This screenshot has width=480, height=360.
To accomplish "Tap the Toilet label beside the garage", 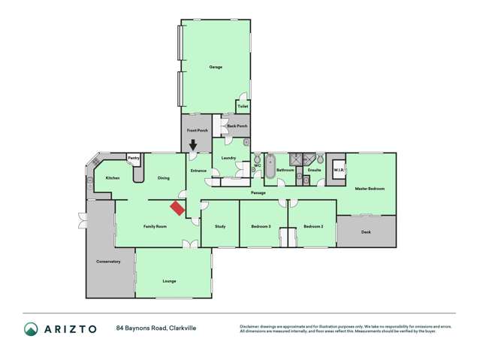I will coord(243,107).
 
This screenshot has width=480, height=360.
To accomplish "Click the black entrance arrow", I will coord(193,145).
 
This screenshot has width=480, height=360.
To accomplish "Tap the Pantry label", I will coord(133,158).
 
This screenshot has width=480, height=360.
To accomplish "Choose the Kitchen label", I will coord(112,178).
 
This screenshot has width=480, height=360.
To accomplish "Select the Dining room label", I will coord(163,178).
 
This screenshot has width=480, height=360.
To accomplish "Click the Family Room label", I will coord(155,226).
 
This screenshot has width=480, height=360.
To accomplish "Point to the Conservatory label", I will coord(108,262).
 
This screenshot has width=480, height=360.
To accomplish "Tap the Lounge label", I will coord(169,281).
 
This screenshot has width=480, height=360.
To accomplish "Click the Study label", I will coord(220,226).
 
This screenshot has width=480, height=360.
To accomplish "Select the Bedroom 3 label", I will coord(261,226).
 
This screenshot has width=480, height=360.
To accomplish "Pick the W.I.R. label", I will coord(338,170).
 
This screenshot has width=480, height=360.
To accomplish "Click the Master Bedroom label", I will coord(370,189).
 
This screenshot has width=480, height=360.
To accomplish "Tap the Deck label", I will coord(366,232).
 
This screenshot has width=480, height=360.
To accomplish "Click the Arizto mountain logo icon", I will coord(32,328).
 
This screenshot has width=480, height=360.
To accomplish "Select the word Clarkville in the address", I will coord(183,328).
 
